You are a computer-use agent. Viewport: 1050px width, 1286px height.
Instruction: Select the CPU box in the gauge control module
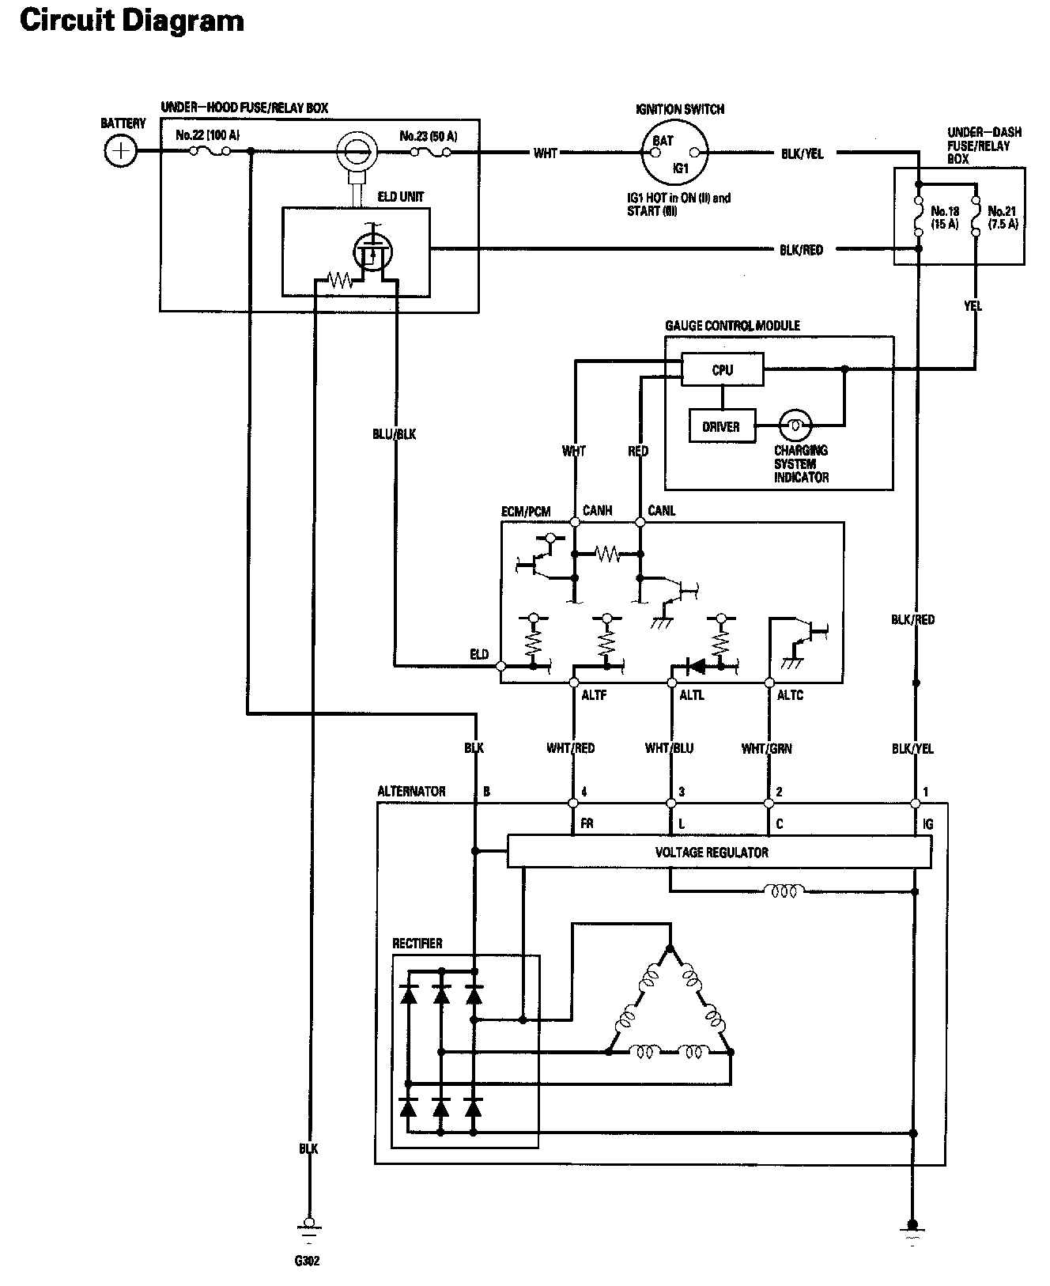[723, 369]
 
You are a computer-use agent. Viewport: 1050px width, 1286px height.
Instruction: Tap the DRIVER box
[721, 426]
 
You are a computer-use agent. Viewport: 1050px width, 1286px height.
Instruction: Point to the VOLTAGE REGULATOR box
[719, 852]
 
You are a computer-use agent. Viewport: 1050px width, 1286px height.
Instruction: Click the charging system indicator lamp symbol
[795, 426]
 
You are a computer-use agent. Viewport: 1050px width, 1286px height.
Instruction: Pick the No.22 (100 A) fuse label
[208, 135]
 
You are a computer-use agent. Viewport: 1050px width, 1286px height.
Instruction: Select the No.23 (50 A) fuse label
[429, 136]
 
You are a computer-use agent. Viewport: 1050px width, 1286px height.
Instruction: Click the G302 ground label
[308, 1261]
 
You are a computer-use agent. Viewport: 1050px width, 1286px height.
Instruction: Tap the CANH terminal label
[597, 510]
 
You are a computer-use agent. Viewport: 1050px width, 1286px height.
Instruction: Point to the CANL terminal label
[662, 510]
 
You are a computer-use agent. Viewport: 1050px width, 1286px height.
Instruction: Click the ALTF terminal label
[594, 695]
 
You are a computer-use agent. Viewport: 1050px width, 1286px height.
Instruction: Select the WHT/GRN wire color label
[766, 747]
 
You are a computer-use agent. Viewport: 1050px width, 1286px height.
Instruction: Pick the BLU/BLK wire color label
[394, 434]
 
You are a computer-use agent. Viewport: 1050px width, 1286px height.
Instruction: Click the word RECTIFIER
[417, 944]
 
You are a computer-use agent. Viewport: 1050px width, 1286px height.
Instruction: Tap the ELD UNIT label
[401, 196]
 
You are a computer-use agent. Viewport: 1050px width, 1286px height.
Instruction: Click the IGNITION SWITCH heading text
[680, 109]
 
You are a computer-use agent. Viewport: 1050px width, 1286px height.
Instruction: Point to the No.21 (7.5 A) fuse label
[1002, 217]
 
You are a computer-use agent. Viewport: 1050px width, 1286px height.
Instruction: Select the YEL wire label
[973, 304]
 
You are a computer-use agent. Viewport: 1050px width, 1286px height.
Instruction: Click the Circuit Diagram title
[132, 21]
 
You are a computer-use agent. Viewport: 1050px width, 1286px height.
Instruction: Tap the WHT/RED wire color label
[570, 747]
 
